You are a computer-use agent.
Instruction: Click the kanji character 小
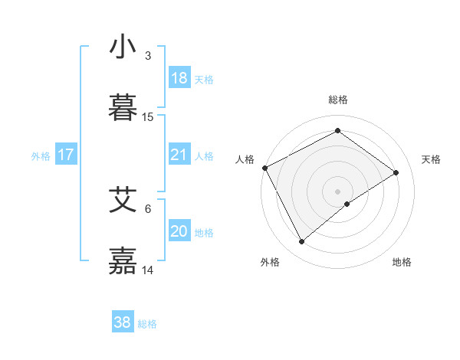tap(123, 47)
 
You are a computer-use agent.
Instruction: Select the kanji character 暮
tap(123, 108)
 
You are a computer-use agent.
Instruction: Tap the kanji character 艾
tap(123, 200)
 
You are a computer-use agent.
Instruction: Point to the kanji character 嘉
tap(123, 260)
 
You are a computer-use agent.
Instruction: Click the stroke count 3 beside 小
tap(148, 56)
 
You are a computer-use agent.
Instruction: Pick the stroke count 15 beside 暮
tap(148, 117)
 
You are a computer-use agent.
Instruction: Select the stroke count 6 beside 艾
tap(148, 208)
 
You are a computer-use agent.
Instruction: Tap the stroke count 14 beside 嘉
tap(148, 270)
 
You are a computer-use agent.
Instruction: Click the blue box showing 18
tap(179, 78)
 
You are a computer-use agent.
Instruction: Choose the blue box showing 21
tap(179, 155)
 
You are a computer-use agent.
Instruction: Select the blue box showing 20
tap(179, 231)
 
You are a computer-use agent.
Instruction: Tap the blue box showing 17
tap(66, 155)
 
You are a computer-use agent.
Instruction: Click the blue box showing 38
tap(123, 322)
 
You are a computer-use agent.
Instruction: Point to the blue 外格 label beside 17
tap(41, 156)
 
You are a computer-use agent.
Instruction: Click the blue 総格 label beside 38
tap(147, 324)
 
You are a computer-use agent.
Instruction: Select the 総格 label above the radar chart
tap(338, 100)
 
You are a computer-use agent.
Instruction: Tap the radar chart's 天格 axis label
tap(432, 159)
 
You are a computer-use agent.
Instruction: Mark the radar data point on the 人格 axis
tap(264, 168)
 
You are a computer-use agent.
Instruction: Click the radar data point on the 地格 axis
tap(347, 204)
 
